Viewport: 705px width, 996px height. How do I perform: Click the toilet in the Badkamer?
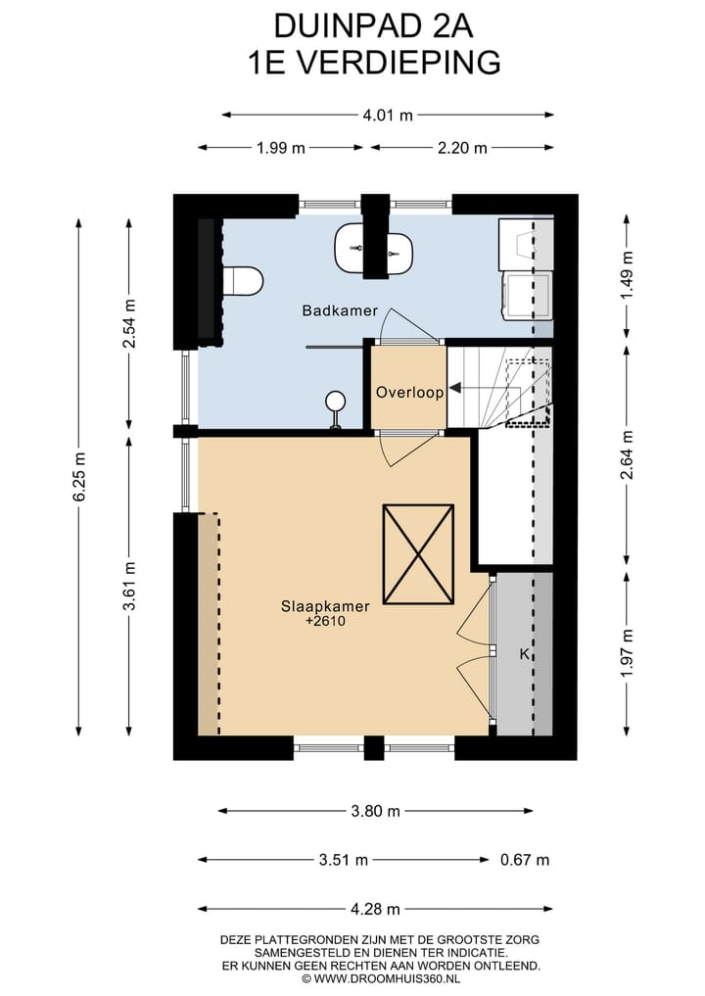tap(241, 281)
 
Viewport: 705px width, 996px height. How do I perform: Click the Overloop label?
tap(409, 392)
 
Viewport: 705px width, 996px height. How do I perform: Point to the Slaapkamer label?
tap(324, 605)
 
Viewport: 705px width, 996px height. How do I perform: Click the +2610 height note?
tap(325, 621)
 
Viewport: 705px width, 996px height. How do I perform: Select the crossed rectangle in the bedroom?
tap(418, 554)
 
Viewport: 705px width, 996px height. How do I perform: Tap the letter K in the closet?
tap(524, 654)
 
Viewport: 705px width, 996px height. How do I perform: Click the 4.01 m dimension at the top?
tap(388, 115)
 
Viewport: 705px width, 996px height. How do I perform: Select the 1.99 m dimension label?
tap(281, 148)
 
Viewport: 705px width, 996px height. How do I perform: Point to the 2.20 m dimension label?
tap(462, 148)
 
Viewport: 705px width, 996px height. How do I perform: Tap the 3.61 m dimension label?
tap(129, 586)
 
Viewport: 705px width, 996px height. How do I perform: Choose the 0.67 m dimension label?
tap(524, 860)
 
